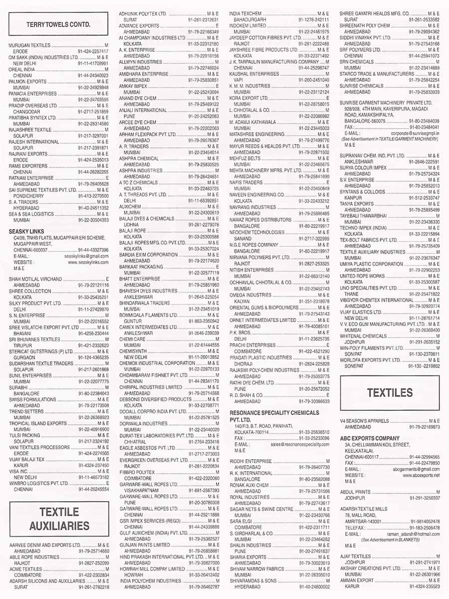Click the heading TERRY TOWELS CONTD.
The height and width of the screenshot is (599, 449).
pyautogui.click(x=58, y=23)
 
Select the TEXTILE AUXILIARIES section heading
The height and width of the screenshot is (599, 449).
pyautogui.click(x=59, y=519)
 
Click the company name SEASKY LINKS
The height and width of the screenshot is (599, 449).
pyautogui.click(x=26, y=231)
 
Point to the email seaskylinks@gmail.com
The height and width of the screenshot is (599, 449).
pyautogui.click(x=87, y=256)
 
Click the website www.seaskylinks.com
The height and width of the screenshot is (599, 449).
pyautogui.click(x=88, y=262)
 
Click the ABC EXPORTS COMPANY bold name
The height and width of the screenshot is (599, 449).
pyautogui.click(x=370, y=438)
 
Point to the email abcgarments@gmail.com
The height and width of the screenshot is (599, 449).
pyautogui.click(x=416, y=469)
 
